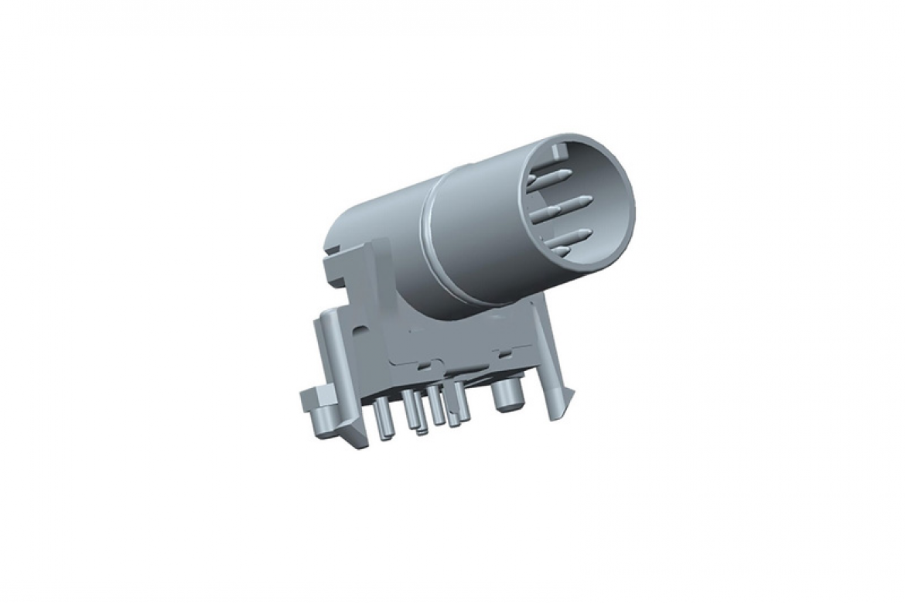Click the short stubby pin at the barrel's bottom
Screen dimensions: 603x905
point(562,250)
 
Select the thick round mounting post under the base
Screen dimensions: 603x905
point(507,396)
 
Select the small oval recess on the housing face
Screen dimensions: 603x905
point(358,328)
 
